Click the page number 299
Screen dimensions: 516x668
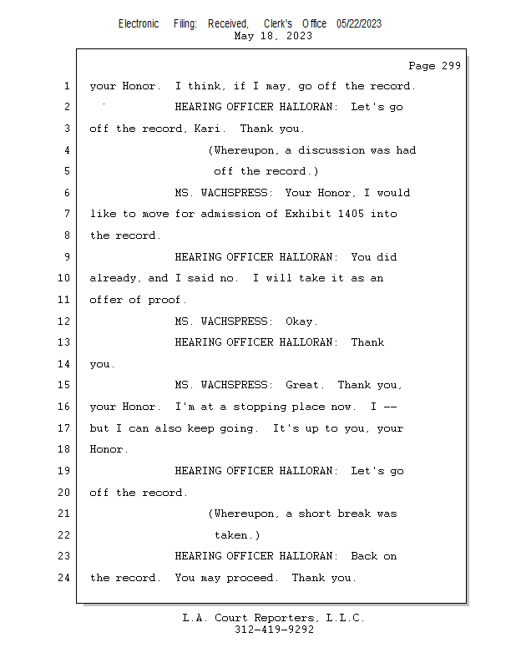tap(451, 66)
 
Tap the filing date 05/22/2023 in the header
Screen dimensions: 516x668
tap(359, 23)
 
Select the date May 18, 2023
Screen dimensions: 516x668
tap(273, 36)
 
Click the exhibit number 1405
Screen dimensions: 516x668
tap(351, 214)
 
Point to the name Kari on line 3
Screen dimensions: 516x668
tap(207, 129)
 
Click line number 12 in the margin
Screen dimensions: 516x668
tap(63, 321)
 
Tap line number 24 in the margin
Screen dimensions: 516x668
tap(63, 578)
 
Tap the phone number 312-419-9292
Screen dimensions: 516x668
tap(274, 630)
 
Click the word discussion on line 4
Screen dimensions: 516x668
tap(331, 150)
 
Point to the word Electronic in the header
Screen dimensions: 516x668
tap(139, 23)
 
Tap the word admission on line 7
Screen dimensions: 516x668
tap(230, 214)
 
